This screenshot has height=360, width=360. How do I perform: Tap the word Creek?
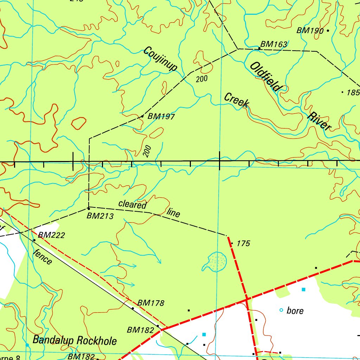pos(237,100)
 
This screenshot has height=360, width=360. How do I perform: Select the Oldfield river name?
pos(264,77)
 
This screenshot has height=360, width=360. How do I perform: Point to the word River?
pos(319,121)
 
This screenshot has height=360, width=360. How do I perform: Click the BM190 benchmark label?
pos(310,31)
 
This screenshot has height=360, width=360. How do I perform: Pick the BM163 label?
pos(274,44)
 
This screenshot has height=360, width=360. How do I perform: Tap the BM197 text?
pos(161,116)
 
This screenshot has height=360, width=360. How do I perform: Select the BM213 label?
pos(100,216)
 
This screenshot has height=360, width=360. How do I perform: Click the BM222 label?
pos(52,235)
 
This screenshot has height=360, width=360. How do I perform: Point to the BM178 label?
pos(151,303)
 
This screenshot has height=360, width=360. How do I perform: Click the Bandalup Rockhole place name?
pos(75,340)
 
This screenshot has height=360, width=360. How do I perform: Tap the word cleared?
pos(132,204)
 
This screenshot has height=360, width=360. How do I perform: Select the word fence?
pos(43,257)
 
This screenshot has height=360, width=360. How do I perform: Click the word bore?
pos(295,311)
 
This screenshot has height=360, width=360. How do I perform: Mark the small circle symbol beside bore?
pos(281,310)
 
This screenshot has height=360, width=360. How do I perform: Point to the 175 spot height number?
pos(243,243)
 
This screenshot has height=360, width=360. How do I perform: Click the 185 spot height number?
pos(353,93)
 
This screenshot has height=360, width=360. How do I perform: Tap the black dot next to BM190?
pos(328,31)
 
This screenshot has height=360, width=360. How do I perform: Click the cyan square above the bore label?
pos(303,289)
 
